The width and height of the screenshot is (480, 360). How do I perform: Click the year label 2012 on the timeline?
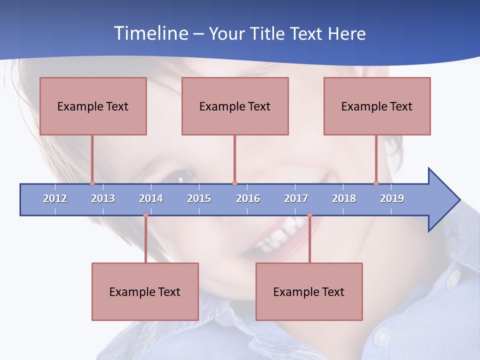click(x=55, y=198)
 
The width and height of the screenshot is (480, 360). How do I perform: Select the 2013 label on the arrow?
click(x=103, y=198)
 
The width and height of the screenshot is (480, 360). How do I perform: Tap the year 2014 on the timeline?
click(x=151, y=198)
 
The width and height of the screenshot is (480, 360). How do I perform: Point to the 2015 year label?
click(x=199, y=198)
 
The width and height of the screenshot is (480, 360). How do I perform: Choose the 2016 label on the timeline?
click(x=248, y=198)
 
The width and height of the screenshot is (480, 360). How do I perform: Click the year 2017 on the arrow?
click(x=296, y=198)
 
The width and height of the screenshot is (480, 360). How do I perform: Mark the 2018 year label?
click(x=344, y=198)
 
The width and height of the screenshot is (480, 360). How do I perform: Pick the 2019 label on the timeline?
click(x=392, y=198)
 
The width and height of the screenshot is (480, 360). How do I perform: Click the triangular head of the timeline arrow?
click(x=442, y=200)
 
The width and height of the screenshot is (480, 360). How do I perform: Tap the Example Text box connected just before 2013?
click(x=93, y=106)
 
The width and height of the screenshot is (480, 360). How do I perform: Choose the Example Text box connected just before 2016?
click(x=235, y=106)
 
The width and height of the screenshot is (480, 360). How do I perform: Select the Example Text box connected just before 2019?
click(x=377, y=106)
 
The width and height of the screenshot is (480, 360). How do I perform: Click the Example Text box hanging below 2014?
click(x=145, y=291)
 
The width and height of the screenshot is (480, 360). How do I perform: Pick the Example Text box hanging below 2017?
click(x=309, y=291)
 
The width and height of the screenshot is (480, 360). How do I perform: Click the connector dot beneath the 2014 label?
click(x=145, y=215)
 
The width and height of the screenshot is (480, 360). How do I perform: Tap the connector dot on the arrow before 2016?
click(x=234, y=183)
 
